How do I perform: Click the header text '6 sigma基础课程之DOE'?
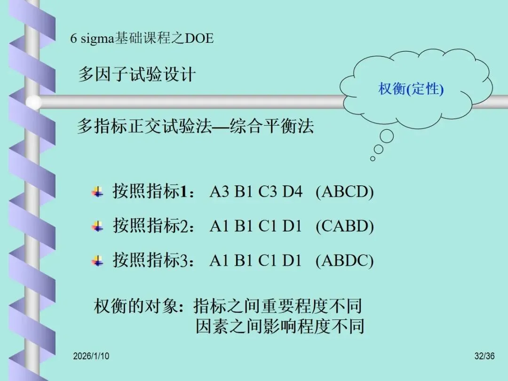coord(142,38)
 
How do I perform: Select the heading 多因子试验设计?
coord(136,75)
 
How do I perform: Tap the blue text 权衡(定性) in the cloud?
coord(411,89)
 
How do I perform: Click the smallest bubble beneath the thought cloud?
coord(373,159)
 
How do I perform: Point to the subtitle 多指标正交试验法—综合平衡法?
coord(195,127)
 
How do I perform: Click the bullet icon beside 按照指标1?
coord(97,192)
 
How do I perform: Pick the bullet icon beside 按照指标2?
coord(97,227)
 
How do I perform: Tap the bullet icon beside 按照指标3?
coord(97,261)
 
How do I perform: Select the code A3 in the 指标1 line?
coord(220,192)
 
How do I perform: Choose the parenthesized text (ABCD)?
coord(344,192)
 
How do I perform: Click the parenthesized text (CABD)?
coord(344,227)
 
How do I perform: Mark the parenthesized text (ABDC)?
coord(344,261)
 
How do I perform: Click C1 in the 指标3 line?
coord(268,261)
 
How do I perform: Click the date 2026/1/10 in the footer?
coord(91,357)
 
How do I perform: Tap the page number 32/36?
coord(484,357)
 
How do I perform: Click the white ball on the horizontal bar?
coord(33,103)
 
